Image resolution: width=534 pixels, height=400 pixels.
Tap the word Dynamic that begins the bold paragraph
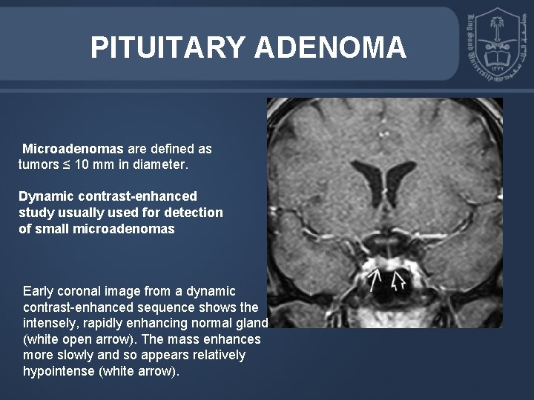point(44,197)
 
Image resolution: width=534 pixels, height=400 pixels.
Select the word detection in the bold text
point(194,213)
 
